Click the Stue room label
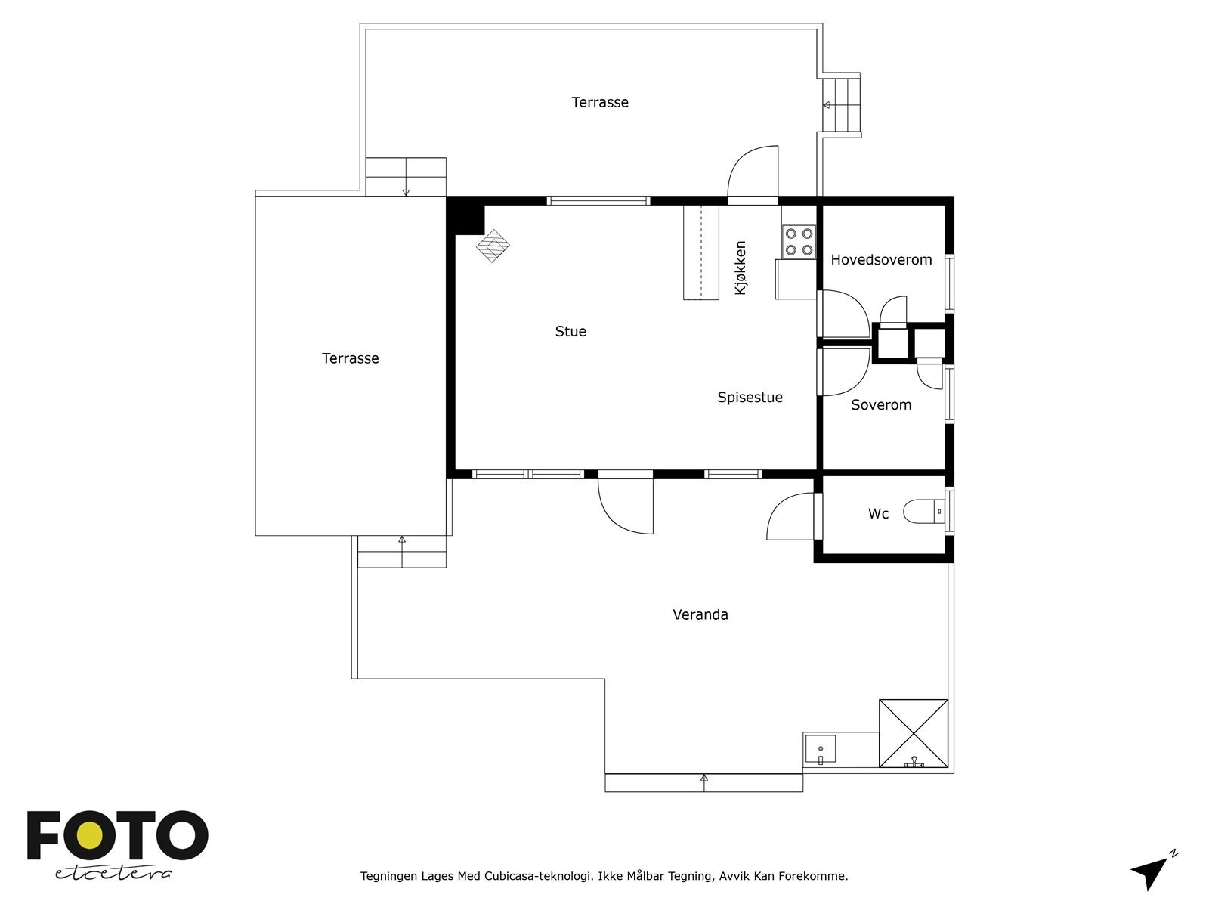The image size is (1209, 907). [570, 331]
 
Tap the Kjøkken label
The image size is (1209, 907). [741, 268]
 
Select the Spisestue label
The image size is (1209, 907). [750, 398]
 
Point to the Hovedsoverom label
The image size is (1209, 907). [881, 259]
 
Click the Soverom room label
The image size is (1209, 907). [881, 405]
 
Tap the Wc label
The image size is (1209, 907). [878, 514]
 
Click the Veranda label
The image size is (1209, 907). [700, 614]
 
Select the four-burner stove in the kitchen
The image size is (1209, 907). [799, 242]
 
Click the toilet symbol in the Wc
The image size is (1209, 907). [924, 512]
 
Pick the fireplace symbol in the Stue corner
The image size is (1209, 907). [493, 246]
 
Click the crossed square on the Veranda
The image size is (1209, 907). [914, 733]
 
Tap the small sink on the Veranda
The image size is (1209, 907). [820, 749]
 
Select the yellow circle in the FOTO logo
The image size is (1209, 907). [88, 836]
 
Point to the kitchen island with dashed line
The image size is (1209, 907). [701, 252]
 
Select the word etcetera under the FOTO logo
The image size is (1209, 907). [113, 874]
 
